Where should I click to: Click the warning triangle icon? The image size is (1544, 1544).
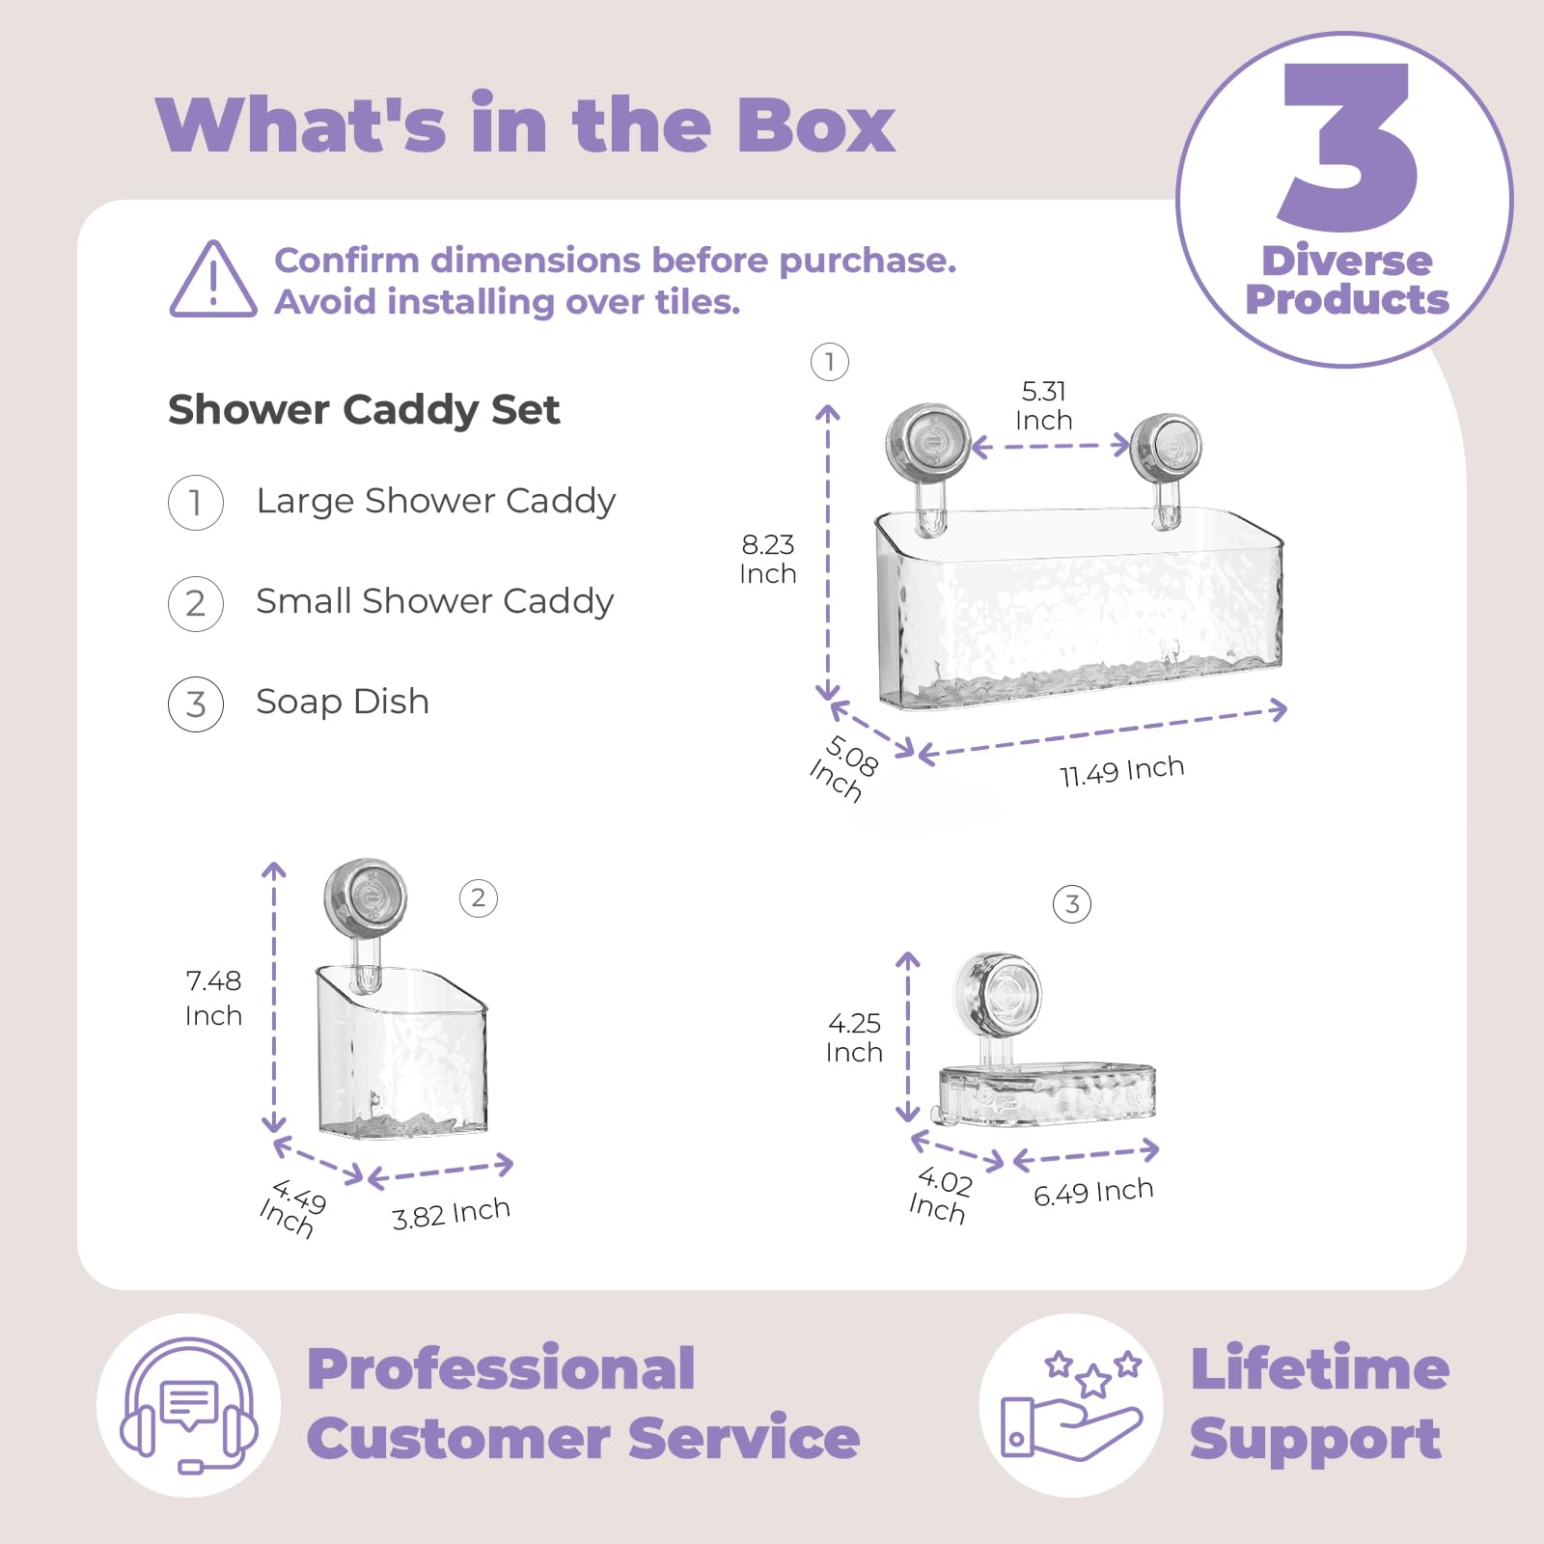(213, 280)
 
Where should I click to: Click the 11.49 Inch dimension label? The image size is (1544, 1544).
(1121, 771)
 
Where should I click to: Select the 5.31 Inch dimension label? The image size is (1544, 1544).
(1044, 405)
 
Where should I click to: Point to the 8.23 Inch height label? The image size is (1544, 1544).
(768, 559)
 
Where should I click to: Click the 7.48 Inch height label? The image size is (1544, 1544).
(213, 998)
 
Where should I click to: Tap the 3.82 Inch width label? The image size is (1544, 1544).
(451, 1213)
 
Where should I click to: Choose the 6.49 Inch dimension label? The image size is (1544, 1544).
(1093, 1192)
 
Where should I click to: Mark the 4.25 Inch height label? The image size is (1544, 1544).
(854, 1037)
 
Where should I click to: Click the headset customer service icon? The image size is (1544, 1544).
(189, 1405)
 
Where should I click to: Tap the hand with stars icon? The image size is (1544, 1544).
(1071, 1405)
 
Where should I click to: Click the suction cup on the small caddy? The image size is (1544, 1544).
(365, 898)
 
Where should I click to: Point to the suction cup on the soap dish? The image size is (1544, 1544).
(998, 994)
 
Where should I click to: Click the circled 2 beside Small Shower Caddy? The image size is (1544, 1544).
(196, 603)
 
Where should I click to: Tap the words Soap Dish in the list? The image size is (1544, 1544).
(343, 702)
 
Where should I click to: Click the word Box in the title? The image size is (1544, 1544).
(815, 125)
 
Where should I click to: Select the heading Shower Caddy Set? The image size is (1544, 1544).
(364, 410)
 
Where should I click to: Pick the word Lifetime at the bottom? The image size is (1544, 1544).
(1320, 1368)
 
